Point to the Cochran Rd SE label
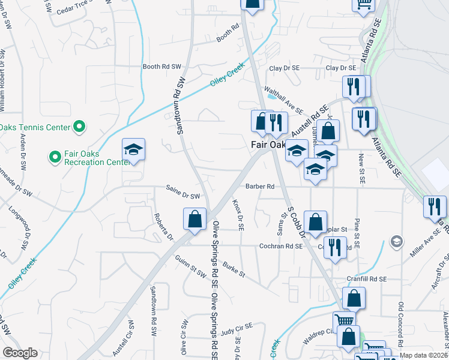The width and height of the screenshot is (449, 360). click(280, 246)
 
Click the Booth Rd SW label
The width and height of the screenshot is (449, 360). click(161, 67)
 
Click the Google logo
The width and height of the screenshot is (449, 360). click(20, 353)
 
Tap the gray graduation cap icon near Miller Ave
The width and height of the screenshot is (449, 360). click(396, 242)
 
